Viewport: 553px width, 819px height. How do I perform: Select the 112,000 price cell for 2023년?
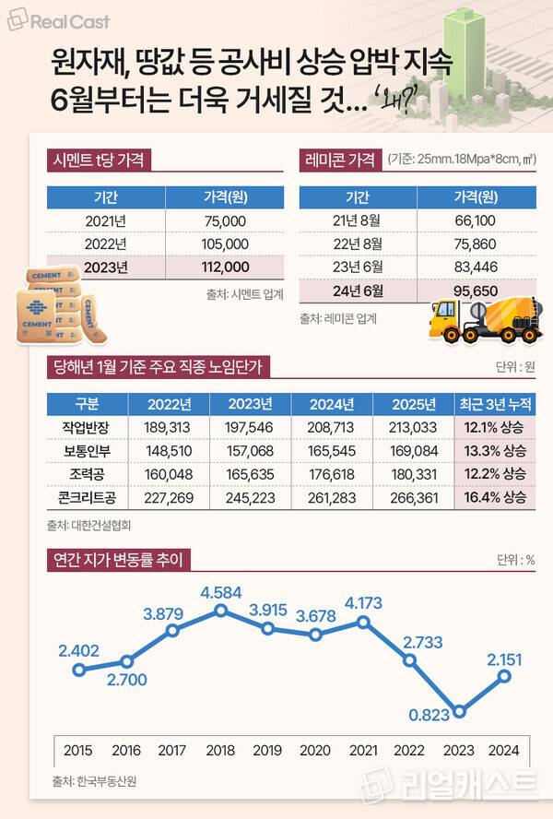tap(224, 267)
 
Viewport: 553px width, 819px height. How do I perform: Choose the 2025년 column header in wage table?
tap(413, 404)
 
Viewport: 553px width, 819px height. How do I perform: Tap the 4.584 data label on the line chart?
tap(221, 590)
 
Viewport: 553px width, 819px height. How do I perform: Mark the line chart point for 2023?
tap(459, 711)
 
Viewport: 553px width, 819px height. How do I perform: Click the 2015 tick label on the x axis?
tap(78, 750)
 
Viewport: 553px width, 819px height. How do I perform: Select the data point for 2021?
tap(364, 623)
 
